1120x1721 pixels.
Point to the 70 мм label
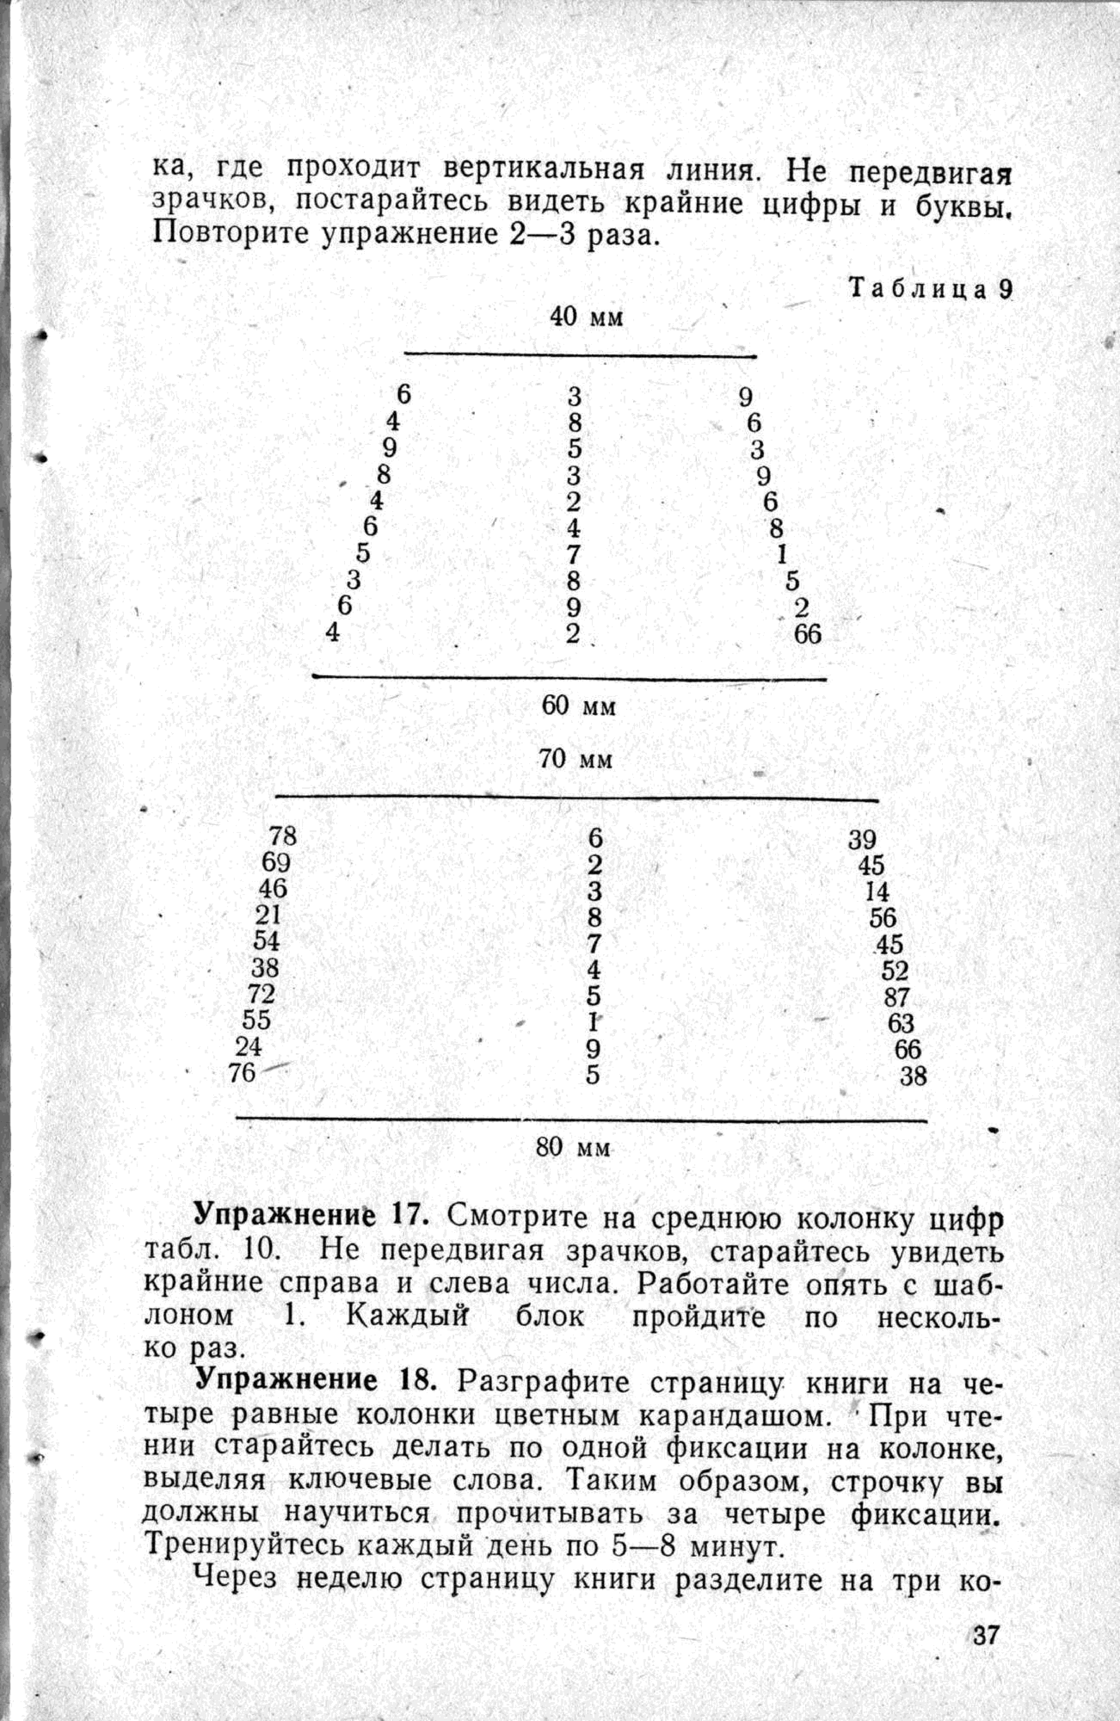[x=576, y=759]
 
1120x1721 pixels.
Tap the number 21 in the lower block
[x=268, y=916]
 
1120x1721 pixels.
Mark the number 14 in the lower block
[x=877, y=892]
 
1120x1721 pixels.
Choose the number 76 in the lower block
[x=242, y=1073]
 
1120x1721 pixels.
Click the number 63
[x=901, y=1023]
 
